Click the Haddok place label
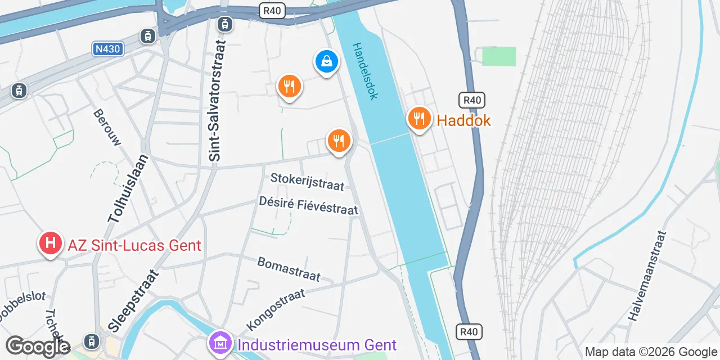[463, 120]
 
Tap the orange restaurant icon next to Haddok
[419, 119]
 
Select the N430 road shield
[107, 49]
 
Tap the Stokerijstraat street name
[307, 182]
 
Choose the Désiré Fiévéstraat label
[308, 205]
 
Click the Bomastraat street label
[289, 269]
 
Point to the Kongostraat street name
[276, 309]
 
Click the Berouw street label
[107, 127]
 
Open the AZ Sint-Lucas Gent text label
[134, 245]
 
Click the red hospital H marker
[50, 244]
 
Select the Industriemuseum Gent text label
[317, 345]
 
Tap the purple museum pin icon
[220, 342]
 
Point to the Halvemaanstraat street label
[647, 276]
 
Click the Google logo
[38, 347]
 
